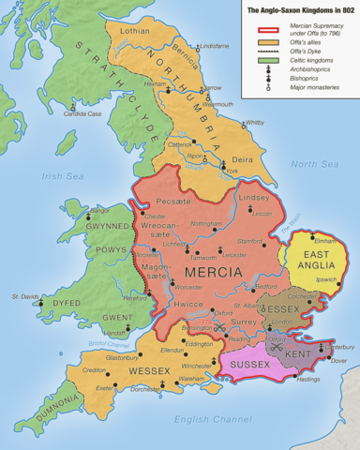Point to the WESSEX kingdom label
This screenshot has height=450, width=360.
[x=124, y=371]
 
